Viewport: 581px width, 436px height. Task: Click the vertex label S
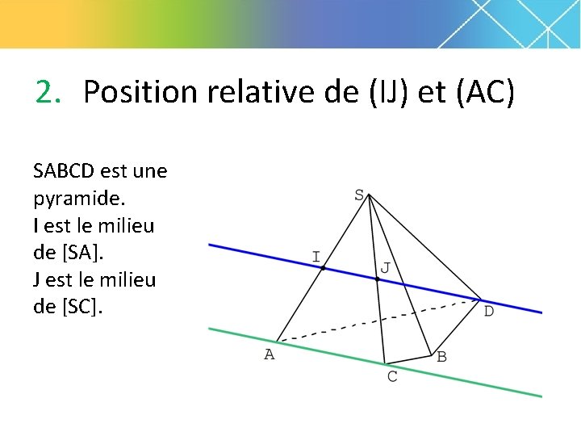pyautogui.click(x=360, y=195)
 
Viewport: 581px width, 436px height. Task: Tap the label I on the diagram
pyautogui.click(x=316, y=257)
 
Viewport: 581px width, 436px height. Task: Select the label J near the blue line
pyautogui.click(x=385, y=267)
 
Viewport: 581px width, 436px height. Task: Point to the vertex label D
pyautogui.click(x=488, y=311)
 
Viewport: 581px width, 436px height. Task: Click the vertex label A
pyautogui.click(x=270, y=354)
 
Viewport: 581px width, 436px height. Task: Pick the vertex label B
pyautogui.click(x=441, y=356)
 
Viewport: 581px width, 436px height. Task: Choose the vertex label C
pyautogui.click(x=392, y=377)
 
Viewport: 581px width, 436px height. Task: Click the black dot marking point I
pyautogui.click(x=323, y=267)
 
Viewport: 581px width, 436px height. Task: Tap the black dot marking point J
pyautogui.click(x=377, y=279)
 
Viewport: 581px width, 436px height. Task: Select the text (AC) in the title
pyautogui.click(x=485, y=92)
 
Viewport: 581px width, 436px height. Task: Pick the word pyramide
pyautogui.click(x=71, y=199)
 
